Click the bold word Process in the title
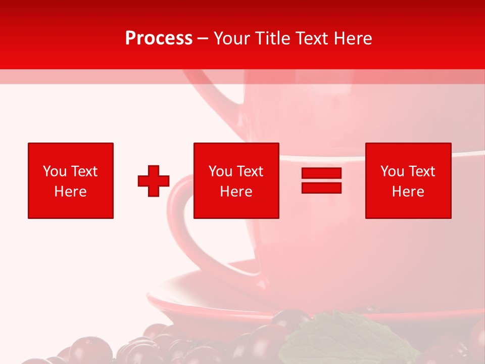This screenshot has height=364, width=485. pyautogui.click(x=159, y=38)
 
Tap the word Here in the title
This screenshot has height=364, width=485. pyautogui.click(x=352, y=38)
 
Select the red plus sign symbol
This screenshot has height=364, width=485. pyautogui.click(x=154, y=181)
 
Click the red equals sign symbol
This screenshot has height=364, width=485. pyautogui.click(x=321, y=180)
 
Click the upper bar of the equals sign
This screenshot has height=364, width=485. pyautogui.click(x=321, y=173)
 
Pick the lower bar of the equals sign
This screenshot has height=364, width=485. pyautogui.click(x=321, y=188)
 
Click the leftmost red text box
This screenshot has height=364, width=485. pyautogui.click(x=71, y=180)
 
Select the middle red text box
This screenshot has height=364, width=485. pyautogui.click(x=236, y=180)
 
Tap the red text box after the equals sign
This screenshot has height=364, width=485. pyautogui.click(x=408, y=180)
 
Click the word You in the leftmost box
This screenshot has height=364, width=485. pyautogui.click(x=55, y=171)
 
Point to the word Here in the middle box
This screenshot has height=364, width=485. pyautogui.click(x=236, y=192)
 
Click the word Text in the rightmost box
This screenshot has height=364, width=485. pyautogui.click(x=421, y=171)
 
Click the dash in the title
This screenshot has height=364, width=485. pyautogui.click(x=203, y=38)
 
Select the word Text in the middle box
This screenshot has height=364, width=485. pyautogui.click(x=250, y=171)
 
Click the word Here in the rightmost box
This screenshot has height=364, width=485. pyautogui.click(x=408, y=192)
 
